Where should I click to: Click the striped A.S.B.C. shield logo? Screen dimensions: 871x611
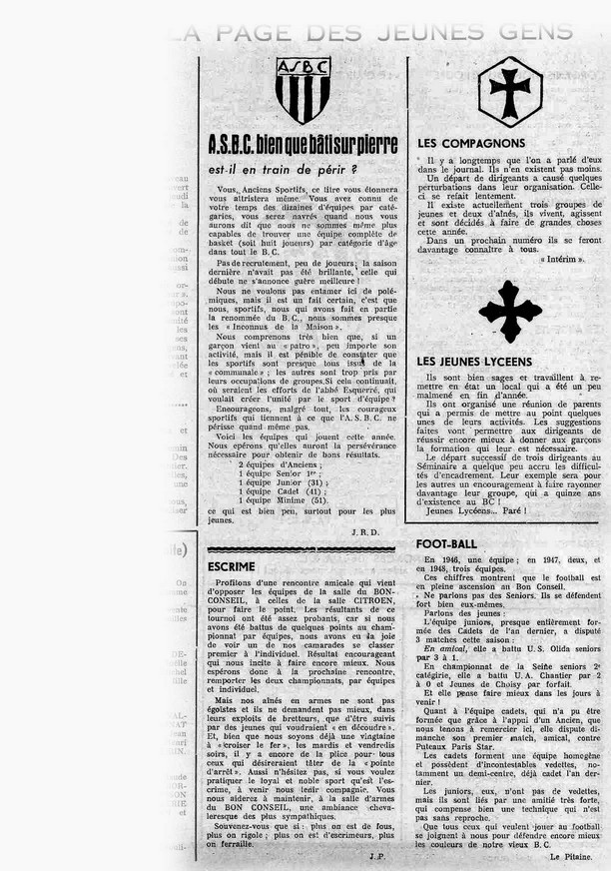click(303, 91)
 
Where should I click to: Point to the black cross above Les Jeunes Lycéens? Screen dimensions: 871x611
click(509, 311)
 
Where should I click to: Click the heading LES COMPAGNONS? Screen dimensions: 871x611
click(471, 144)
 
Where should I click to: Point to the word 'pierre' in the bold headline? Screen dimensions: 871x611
click(371, 146)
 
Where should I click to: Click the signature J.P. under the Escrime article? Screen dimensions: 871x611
click(373, 855)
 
